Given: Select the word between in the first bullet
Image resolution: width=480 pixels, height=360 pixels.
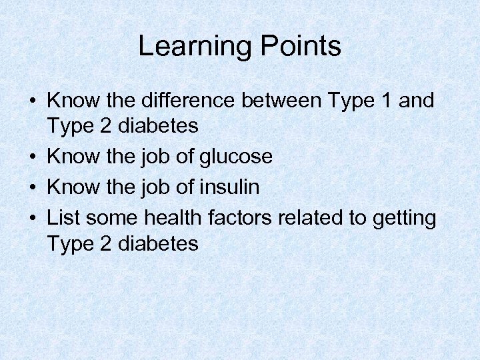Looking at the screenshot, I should pyautogui.click(x=283, y=101).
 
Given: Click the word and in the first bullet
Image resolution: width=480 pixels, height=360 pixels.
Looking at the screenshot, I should pyautogui.click(x=416, y=101).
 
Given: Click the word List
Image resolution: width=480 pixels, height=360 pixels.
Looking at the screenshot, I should pyautogui.click(x=63, y=217).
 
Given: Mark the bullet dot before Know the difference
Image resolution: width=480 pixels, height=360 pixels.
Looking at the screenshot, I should pyautogui.click(x=32, y=102).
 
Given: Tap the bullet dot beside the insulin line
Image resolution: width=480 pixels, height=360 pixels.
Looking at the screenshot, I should pyautogui.click(x=32, y=188).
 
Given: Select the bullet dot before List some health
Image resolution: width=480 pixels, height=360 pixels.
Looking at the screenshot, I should pyautogui.click(x=32, y=218).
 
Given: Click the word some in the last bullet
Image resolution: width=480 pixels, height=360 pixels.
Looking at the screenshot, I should pyautogui.click(x=109, y=217).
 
